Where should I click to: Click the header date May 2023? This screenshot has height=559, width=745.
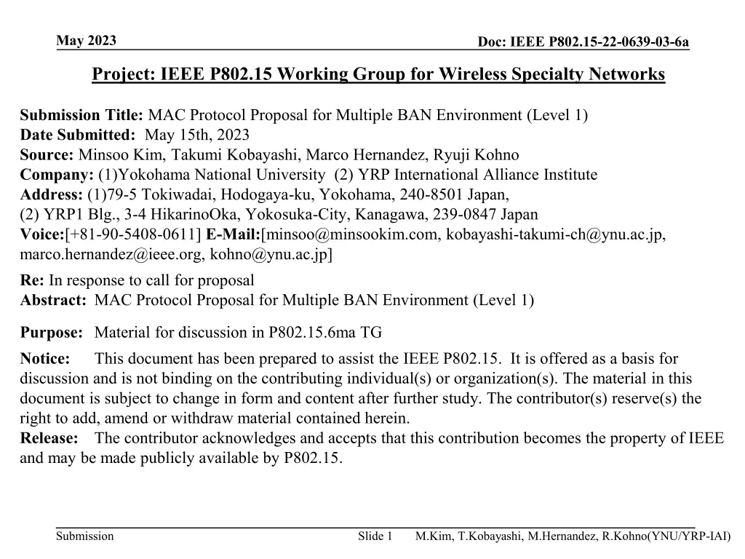pyautogui.click(x=87, y=41)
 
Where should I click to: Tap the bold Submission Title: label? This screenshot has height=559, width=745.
pyautogui.click(x=82, y=115)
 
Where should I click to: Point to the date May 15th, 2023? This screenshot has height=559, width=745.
pyautogui.click(x=196, y=135)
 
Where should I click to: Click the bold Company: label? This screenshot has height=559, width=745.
pyautogui.click(x=51, y=175)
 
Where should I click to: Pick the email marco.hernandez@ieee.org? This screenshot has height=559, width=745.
pyautogui.click(x=111, y=254)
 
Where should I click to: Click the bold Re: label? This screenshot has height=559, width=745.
pyautogui.click(x=32, y=280)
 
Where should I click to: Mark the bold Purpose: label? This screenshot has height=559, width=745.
pyautogui.click(x=52, y=333)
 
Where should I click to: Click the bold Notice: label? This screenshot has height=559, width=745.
pyautogui.click(x=45, y=359)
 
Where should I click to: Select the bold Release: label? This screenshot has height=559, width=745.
pyautogui.click(x=49, y=438)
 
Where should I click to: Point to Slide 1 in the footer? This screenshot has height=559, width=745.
pyautogui.click(x=375, y=536)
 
